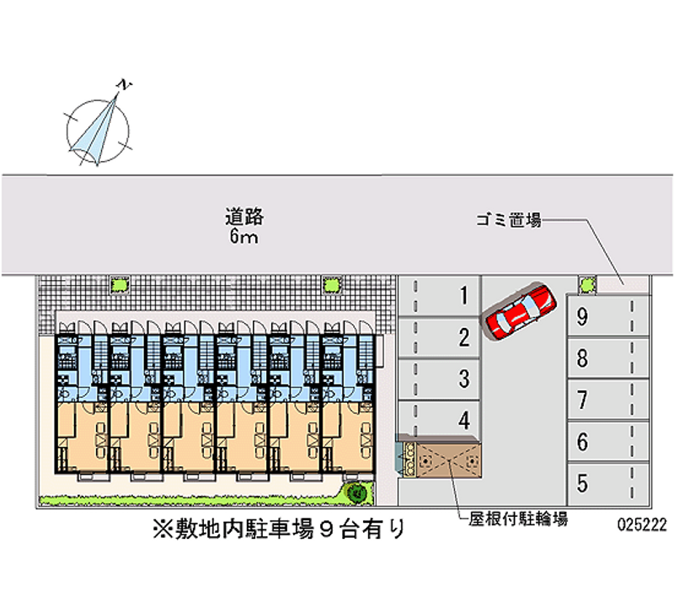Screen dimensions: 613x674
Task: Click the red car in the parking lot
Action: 518,311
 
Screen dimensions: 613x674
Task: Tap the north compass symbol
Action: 99,124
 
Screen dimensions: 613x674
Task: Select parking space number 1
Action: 439,295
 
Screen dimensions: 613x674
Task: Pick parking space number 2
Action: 439,338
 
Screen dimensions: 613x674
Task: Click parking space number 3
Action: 439,379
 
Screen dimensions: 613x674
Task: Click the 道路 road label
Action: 244,217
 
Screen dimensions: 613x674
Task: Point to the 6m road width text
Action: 244,238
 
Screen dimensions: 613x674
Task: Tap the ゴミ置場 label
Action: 508,221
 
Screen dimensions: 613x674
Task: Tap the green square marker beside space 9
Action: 584,282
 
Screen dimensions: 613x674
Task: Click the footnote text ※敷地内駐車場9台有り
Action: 279,530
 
